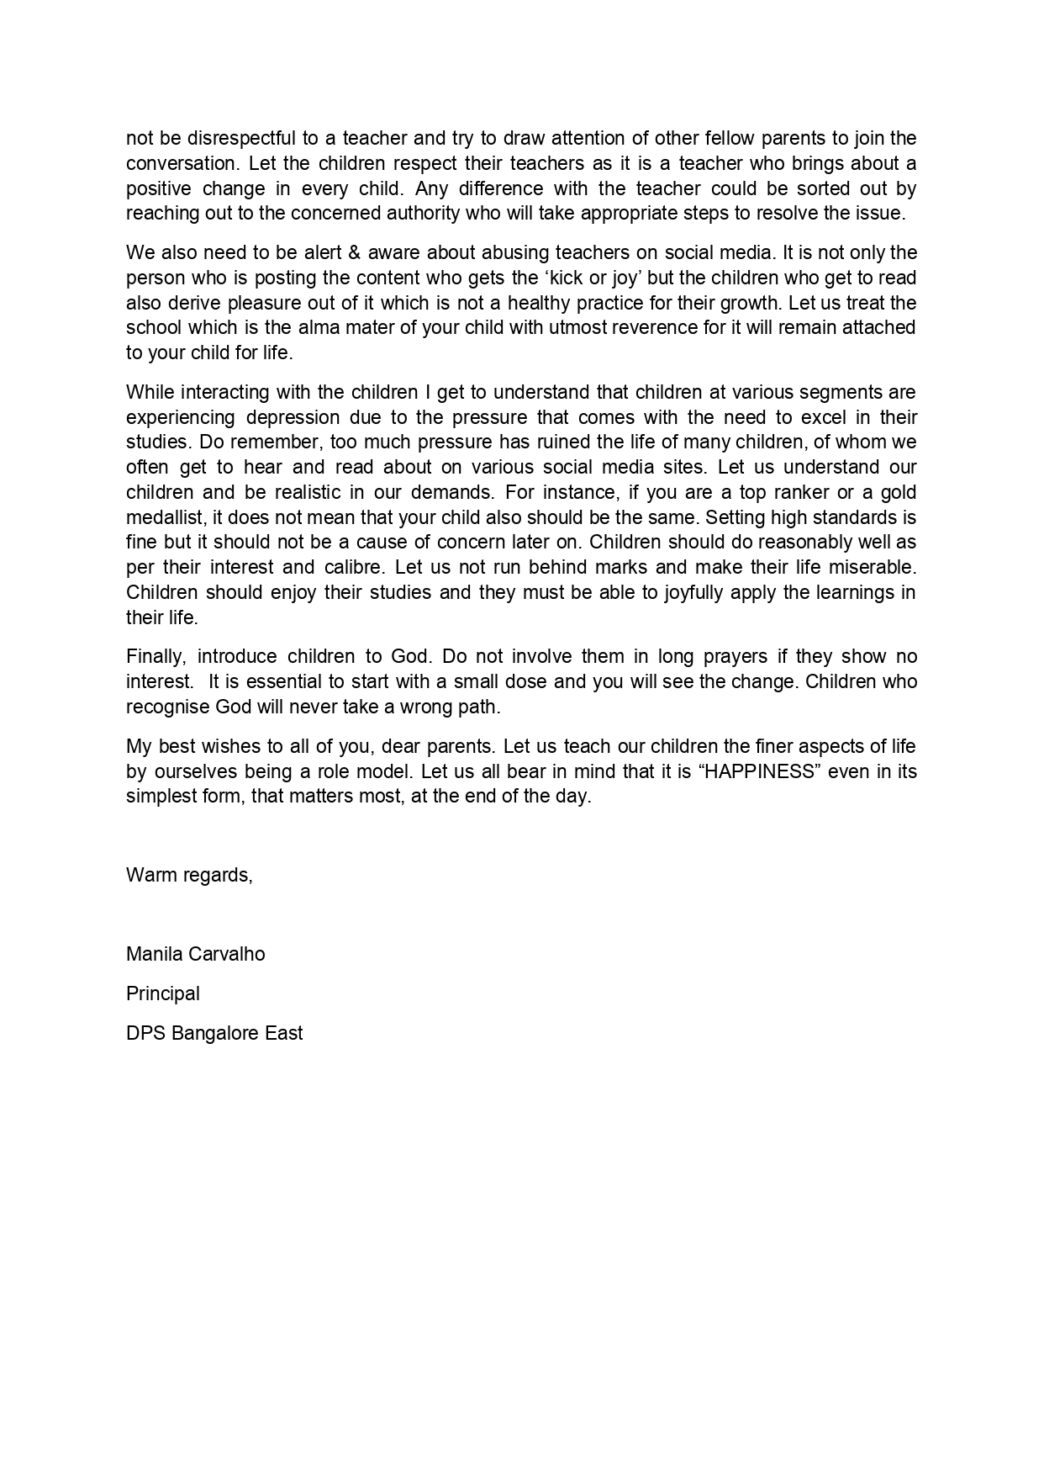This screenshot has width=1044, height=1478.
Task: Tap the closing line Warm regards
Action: (x=189, y=875)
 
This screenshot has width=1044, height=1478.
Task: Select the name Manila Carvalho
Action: (x=195, y=954)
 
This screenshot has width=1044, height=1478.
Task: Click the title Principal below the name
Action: (x=163, y=993)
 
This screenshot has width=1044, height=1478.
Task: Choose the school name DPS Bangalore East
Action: (x=214, y=1033)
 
